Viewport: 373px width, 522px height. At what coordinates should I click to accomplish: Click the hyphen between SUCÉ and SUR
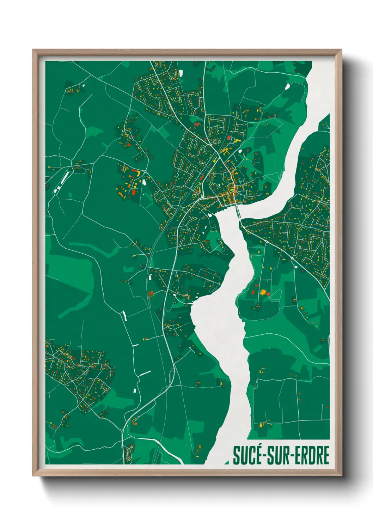tap(263, 456)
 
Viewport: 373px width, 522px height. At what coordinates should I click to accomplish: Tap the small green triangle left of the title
tap(226, 461)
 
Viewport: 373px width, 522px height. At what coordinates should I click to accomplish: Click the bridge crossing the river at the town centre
tap(238, 211)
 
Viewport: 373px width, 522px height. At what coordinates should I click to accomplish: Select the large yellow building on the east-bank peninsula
tap(263, 292)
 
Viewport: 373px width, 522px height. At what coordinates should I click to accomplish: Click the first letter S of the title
tap(236, 455)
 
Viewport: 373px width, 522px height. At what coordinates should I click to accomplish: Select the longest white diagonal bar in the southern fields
tap(145, 373)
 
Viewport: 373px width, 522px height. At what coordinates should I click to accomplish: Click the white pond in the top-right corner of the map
tap(287, 86)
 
